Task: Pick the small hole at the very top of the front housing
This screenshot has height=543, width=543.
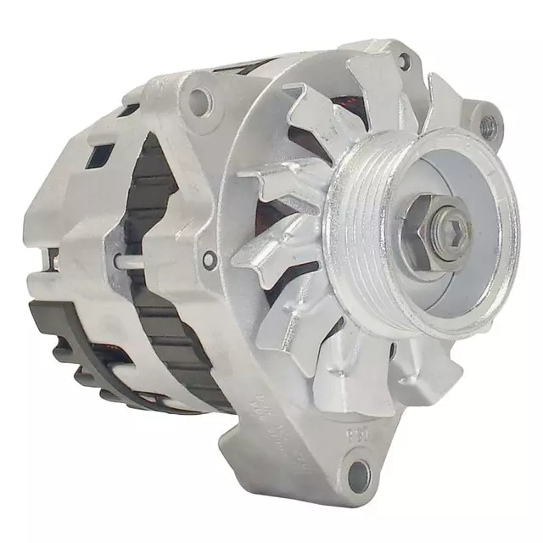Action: (x=403, y=60)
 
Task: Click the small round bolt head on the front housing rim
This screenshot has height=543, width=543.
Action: (x=209, y=260)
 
